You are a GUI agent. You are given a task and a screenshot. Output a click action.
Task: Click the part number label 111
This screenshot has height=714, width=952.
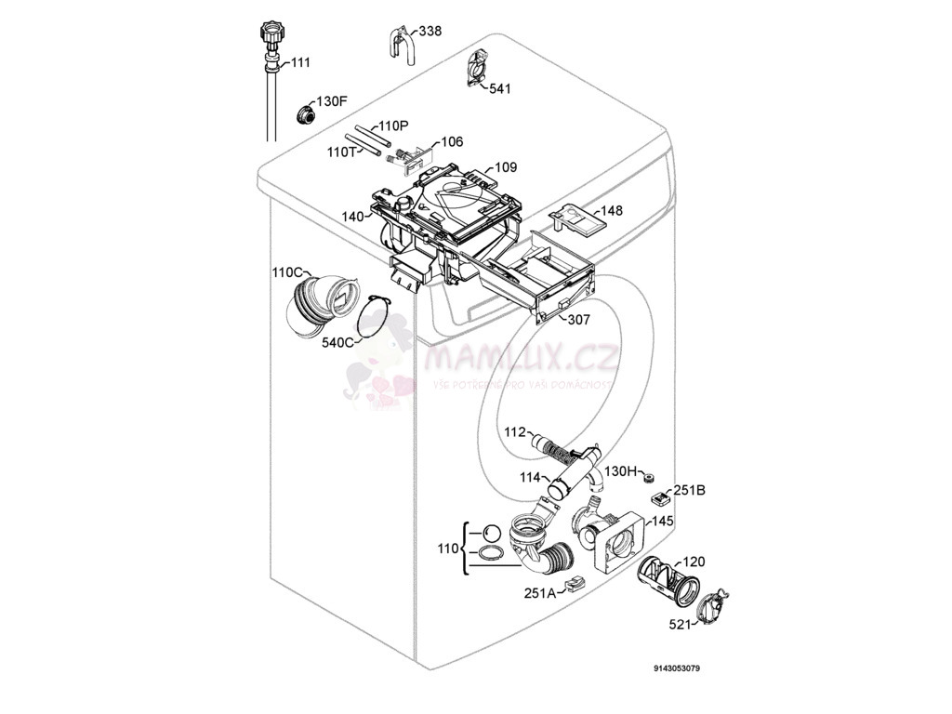pyautogui.click(x=300, y=62)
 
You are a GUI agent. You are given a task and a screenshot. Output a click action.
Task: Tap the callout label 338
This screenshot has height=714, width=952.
pyautogui.click(x=430, y=32)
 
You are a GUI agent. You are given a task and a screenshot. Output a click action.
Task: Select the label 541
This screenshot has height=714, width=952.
pyautogui.click(x=499, y=89)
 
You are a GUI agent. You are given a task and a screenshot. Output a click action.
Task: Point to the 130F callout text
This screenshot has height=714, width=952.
pyautogui.click(x=332, y=101)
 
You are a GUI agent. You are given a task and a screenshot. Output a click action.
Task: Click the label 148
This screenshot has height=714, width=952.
pyautogui.click(x=611, y=211)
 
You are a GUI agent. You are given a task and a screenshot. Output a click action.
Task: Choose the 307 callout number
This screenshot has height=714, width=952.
pyautogui.click(x=579, y=319)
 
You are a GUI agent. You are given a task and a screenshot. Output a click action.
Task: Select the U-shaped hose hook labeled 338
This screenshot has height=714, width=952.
pyautogui.click(x=399, y=45)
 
